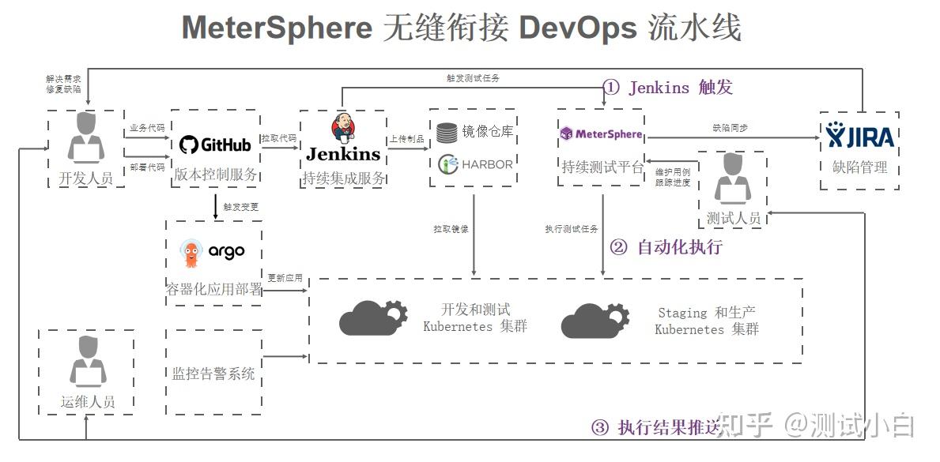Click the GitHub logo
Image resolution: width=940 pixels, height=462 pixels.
pos(214,145)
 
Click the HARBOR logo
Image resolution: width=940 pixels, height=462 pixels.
pos(477,164)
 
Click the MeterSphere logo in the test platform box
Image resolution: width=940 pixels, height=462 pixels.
pos(601,133)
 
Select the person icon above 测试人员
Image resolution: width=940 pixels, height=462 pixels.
pos(733,181)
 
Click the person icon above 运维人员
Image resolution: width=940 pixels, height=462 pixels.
pos(87,362)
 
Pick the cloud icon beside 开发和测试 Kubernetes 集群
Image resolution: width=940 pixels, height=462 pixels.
pos(372,317)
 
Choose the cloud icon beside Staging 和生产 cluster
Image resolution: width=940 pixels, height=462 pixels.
pos(595,319)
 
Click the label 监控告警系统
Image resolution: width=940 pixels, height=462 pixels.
pos(213,374)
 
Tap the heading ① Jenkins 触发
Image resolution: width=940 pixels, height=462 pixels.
pos(668,87)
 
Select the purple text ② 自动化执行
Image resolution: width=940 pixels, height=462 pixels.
pos(666,247)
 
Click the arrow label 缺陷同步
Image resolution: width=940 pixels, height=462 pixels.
pos(730,127)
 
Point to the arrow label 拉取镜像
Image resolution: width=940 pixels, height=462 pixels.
pos(450,229)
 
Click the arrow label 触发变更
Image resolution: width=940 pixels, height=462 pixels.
pos(240,207)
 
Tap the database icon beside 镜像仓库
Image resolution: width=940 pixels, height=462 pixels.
pos(447,132)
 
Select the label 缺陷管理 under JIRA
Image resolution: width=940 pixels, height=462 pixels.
pos(860,167)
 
